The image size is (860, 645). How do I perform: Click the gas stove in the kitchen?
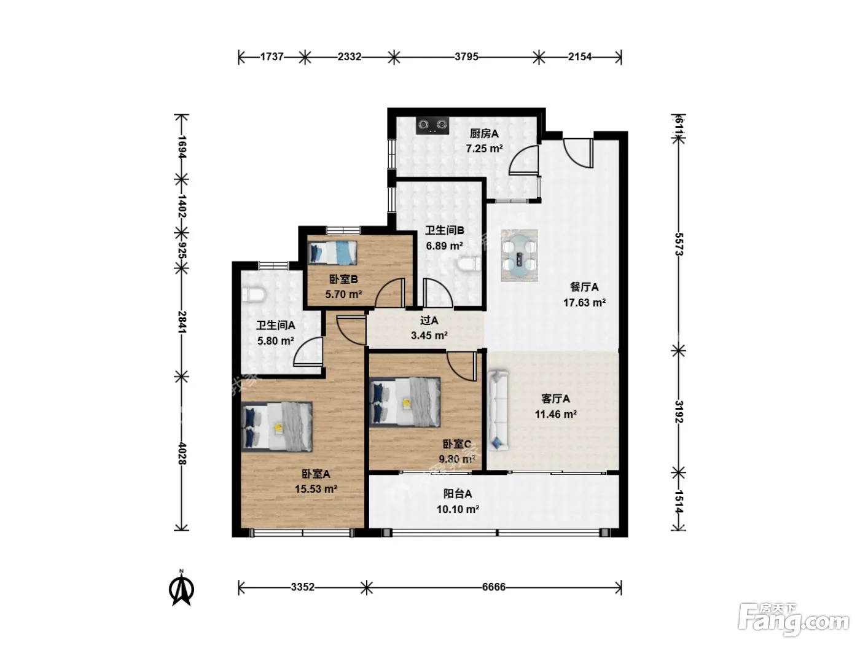point(432,125)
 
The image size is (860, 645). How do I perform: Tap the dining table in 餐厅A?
point(519,256)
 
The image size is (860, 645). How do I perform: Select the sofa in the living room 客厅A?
point(498,410)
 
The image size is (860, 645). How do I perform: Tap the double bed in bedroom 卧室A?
point(276,426)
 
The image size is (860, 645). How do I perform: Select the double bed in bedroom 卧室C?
point(405,402)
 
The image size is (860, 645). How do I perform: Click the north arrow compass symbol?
point(181,588)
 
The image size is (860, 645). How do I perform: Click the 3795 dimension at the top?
point(466,57)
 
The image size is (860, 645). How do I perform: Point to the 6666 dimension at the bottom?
point(494,587)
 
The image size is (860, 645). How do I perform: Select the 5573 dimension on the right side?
point(679,244)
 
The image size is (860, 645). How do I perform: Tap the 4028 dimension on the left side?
point(182,453)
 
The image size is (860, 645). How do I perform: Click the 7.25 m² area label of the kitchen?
point(484,149)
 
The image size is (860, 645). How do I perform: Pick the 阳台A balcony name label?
point(458,494)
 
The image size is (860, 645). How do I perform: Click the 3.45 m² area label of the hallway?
point(429,335)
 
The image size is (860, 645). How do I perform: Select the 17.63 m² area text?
point(585,303)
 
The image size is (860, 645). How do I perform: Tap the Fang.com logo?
point(794,620)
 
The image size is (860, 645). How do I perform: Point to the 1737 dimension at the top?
point(272,57)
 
